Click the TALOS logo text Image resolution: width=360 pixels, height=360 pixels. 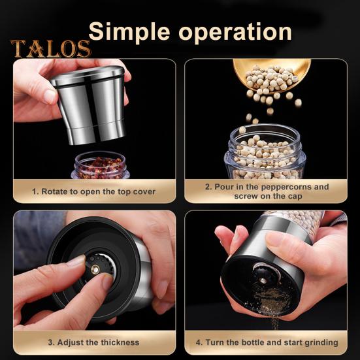click(x=50, y=49)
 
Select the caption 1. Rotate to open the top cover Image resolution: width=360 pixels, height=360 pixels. click(x=94, y=191)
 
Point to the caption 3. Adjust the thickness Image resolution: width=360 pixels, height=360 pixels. click(x=94, y=342)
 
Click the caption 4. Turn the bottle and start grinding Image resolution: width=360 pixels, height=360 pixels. click(x=267, y=342)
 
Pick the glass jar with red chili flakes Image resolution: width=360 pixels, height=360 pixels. click(x=99, y=166)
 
